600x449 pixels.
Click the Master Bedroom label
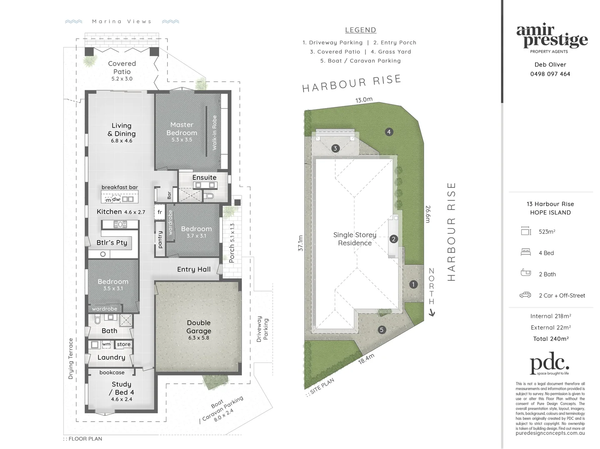click(182, 129)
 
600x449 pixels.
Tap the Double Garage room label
click(199, 327)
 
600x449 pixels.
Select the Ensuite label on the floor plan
click(204, 178)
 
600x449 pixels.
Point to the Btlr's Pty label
click(112, 243)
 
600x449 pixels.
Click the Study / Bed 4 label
click(121, 388)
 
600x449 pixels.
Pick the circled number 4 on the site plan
click(388, 132)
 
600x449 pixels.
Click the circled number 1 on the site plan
click(413, 284)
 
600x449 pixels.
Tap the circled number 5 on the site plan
click(381, 330)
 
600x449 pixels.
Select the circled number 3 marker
click(335, 148)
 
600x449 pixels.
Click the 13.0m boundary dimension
click(363, 100)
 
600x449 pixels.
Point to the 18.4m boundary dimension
click(366, 359)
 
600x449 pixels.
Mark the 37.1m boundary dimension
click(300, 243)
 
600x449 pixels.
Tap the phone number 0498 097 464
click(550, 74)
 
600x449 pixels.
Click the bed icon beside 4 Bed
click(526, 252)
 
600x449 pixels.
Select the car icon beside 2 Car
click(525, 295)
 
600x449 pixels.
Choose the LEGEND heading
click(361, 30)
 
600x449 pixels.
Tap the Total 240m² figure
click(550, 339)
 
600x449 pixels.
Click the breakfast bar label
click(120, 187)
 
